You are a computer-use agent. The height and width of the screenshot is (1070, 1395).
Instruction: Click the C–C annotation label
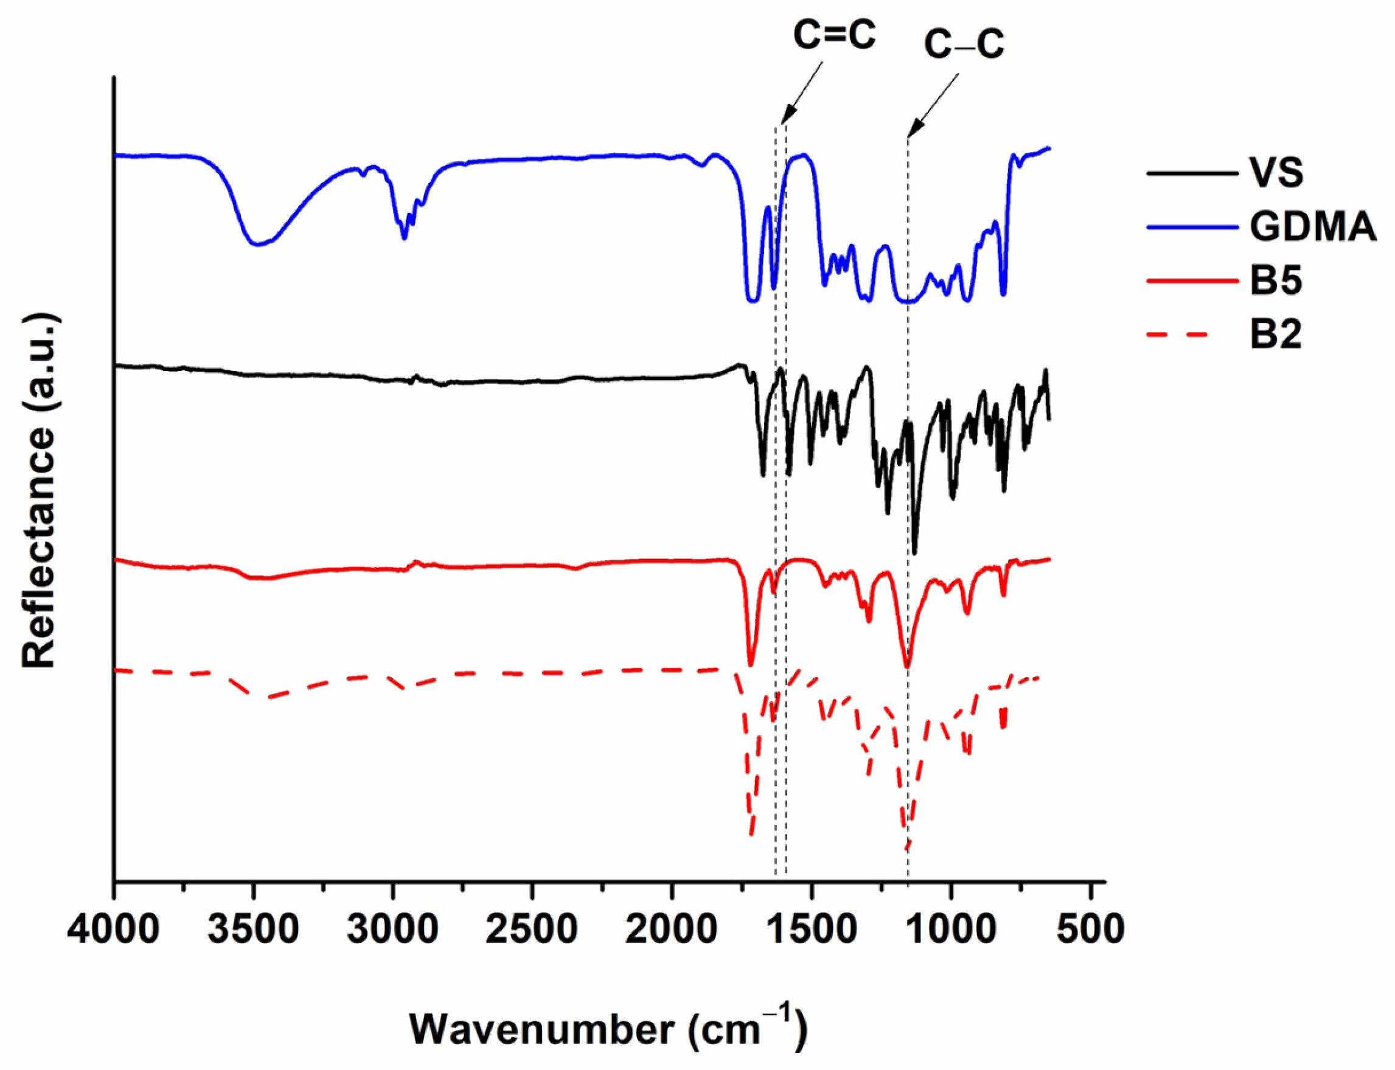[x=964, y=46]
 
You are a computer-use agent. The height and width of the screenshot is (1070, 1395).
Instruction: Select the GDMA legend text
[x=1312, y=226]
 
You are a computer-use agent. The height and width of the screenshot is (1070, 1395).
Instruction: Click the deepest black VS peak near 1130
[x=915, y=552]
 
